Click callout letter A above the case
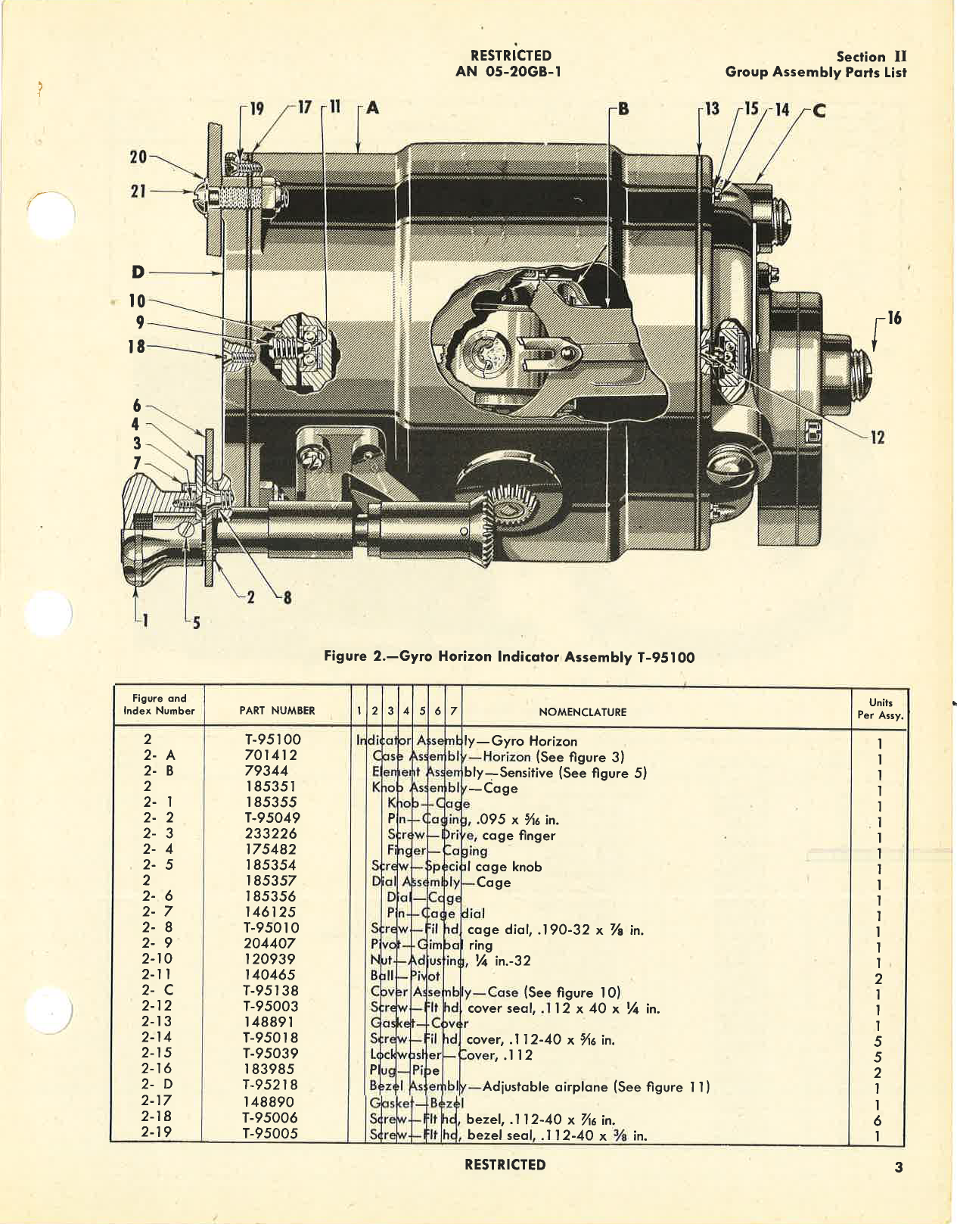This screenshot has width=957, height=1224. pyautogui.click(x=372, y=108)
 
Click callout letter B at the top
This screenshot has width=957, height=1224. pyautogui.click(x=623, y=108)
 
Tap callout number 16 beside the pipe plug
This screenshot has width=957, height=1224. pyautogui.click(x=893, y=318)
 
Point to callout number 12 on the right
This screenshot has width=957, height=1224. pyautogui.click(x=877, y=437)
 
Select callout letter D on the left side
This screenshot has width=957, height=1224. pyautogui.click(x=138, y=272)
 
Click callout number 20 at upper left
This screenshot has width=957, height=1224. pyautogui.click(x=138, y=157)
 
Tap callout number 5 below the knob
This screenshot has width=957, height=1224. pyautogui.click(x=196, y=624)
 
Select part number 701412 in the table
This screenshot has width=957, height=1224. pyautogui.click(x=271, y=755)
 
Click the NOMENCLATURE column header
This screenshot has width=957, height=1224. pyautogui.click(x=583, y=712)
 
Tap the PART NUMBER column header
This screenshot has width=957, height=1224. pyautogui.click(x=277, y=710)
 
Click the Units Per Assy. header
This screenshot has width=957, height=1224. pyautogui.click(x=880, y=709)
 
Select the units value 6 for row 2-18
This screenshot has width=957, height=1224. pyautogui.click(x=878, y=1120)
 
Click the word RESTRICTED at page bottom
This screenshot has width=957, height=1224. pyautogui.click(x=505, y=1164)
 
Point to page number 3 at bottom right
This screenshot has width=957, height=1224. pyautogui.click(x=898, y=1167)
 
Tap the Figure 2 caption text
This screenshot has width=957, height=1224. pyautogui.click(x=508, y=656)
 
